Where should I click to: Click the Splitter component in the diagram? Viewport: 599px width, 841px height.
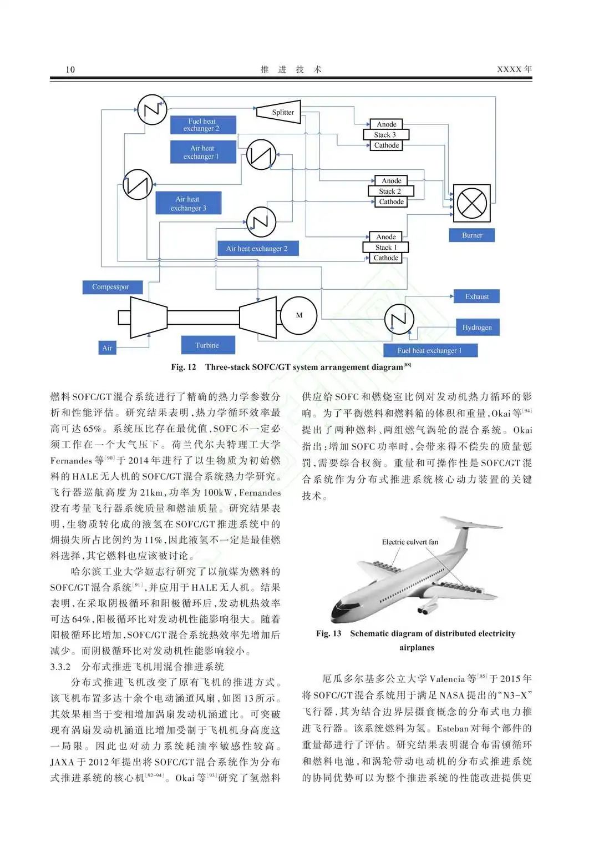click(280, 112)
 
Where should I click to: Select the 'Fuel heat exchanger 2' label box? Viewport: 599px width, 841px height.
click(203, 125)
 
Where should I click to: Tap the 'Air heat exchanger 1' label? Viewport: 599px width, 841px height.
click(203, 152)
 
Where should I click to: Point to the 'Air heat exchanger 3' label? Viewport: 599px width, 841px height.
click(189, 203)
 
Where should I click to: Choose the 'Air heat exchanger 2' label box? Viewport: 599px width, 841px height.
click(258, 249)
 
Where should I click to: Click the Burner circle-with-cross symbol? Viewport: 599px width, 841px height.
click(471, 203)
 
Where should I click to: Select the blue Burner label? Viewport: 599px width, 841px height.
click(471, 235)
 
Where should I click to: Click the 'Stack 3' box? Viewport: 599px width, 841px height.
click(386, 135)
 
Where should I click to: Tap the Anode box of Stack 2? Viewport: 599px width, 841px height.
click(391, 180)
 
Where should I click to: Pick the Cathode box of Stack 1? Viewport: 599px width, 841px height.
click(386, 258)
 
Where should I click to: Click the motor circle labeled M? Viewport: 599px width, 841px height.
click(299, 315)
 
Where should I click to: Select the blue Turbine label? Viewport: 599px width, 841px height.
click(207, 345)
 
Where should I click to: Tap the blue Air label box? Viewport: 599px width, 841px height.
click(107, 348)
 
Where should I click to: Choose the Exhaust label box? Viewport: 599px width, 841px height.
click(476, 296)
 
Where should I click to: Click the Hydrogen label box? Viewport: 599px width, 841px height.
click(477, 328)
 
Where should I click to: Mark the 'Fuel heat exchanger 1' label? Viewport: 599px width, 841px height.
click(430, 351)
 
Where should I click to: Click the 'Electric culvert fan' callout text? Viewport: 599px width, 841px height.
click(410, 542)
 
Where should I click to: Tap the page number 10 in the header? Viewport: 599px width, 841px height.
click(70, 69)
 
